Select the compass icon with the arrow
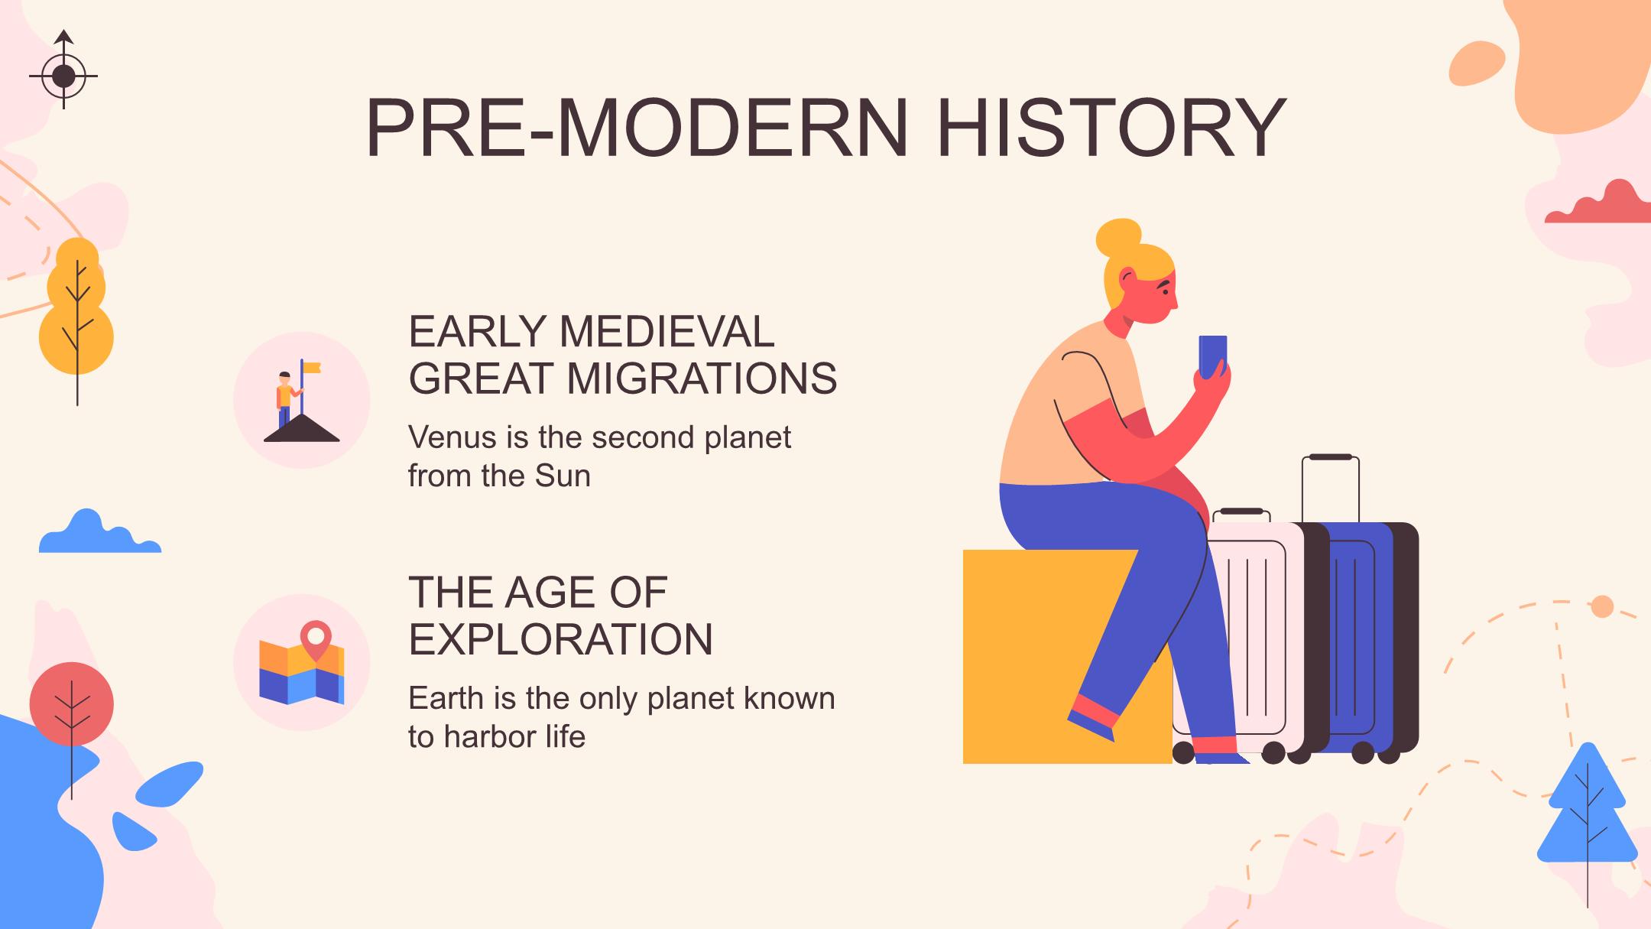(63, 70)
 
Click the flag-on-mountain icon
(301, 401)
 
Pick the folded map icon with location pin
(302, 663)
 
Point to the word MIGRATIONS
(702, 378)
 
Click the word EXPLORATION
(560, 639)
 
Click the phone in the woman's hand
(1213, 356)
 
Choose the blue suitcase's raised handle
(1331, 489)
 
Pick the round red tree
(72, 704)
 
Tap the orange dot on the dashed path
(1602, 606)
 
